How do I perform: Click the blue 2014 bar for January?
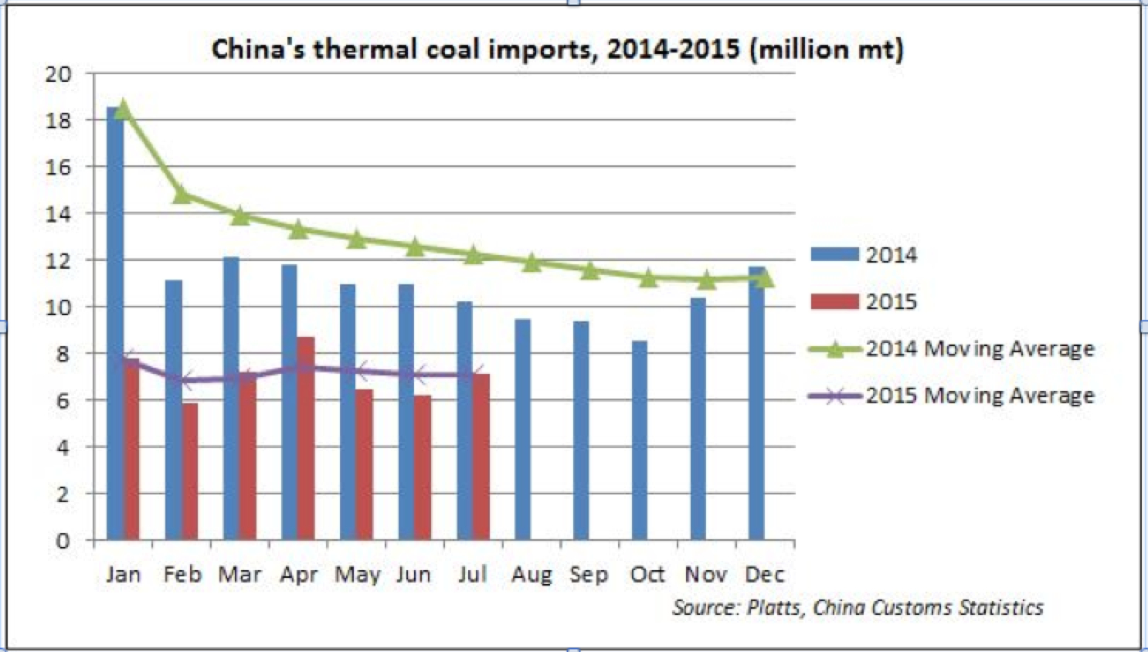tap(114, 324)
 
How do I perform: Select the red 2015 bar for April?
tap(305, 438)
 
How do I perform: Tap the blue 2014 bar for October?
tap(640, 440)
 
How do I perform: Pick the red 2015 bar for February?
tap(189, 471)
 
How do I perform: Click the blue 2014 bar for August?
tap(522, 430)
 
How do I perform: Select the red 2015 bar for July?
tap(481, 457)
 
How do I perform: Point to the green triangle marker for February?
tap(182, 194)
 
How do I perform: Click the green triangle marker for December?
tap(764, 278)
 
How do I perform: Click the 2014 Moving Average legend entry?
tap(979, 349)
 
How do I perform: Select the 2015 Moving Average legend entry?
tap(979, 396)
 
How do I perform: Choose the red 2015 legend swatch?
tap(834, 301)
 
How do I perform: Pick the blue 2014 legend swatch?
tap(834, 254)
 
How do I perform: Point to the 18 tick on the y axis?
tap(59, 121)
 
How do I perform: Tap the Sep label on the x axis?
tap(589, 575)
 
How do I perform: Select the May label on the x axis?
tap(357, 575)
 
